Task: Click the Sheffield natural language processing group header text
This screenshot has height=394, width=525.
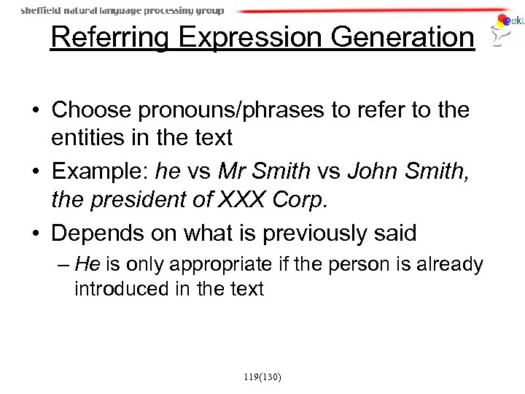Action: point(122,11)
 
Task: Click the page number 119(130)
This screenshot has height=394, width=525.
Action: point(262,377)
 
